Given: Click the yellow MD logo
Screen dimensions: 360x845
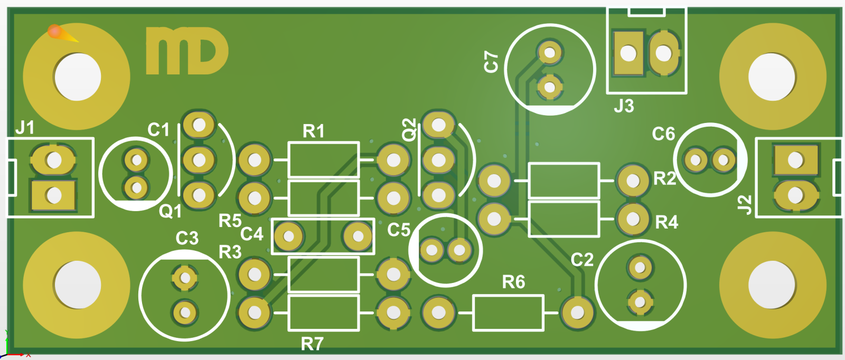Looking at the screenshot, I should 187,51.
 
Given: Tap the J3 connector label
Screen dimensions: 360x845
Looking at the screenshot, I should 624,106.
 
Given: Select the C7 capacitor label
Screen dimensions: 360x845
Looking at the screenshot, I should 491,62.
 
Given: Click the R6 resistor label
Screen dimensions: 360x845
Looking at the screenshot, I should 513,282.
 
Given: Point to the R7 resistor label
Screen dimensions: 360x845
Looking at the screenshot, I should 312,344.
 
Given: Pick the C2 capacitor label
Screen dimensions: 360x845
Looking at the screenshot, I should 582,260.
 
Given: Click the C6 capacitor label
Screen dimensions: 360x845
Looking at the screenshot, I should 663,134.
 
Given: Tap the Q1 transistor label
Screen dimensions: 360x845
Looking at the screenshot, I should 170,212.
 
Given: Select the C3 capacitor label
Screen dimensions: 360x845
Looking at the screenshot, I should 187,238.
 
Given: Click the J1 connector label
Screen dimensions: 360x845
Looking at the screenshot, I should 25,128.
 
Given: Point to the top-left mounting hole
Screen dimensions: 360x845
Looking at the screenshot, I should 77,77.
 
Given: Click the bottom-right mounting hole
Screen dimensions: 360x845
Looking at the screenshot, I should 772,285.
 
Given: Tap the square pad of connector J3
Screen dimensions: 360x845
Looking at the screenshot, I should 628,53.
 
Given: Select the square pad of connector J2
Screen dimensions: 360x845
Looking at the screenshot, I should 795,160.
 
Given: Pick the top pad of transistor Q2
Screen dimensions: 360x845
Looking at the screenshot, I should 438,125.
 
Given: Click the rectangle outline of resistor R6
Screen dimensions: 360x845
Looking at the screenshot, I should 508,313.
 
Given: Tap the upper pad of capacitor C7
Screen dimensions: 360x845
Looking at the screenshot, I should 550,52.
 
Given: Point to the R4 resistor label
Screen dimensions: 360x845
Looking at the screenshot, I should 666,222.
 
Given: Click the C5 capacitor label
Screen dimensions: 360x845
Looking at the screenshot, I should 399,230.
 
